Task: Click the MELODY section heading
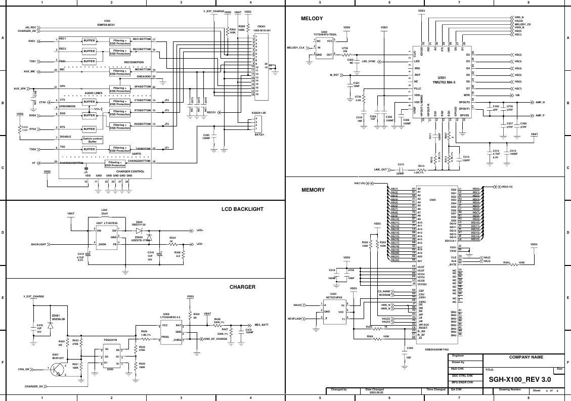(312, 19)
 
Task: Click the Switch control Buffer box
(93, 140)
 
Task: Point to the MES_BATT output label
(261, 325)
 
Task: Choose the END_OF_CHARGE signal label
(216, 339)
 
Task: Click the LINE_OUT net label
(380, 169)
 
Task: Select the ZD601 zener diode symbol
(50, 326)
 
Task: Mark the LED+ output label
(199, 230)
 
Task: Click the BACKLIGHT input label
(38, 244)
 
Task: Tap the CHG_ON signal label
(24, 370)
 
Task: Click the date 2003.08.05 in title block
(374, 392)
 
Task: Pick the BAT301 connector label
(259, 135)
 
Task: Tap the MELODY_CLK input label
(296, 48)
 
